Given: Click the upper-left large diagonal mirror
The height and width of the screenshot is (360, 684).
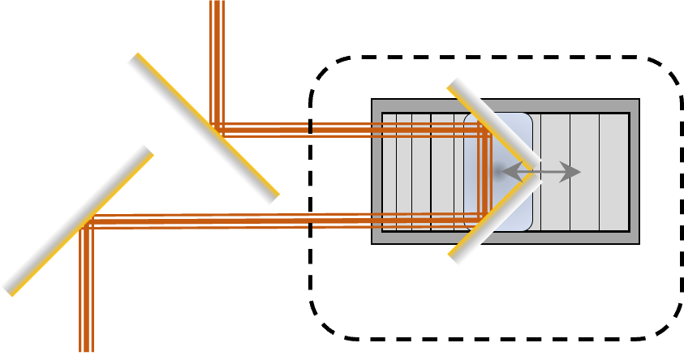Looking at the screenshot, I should [203, 129].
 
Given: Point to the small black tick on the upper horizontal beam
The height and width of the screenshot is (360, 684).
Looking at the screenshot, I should [309, 127].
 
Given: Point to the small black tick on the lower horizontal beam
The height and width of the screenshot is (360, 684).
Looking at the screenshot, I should [310, 221].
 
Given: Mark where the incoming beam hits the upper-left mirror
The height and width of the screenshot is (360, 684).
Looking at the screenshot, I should [216, 128].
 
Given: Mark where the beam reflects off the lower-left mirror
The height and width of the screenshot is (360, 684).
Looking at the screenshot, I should [87, 221].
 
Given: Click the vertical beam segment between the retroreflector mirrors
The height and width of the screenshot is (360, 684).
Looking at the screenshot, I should [486, 172].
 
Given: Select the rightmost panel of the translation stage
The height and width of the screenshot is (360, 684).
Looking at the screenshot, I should [614, 172].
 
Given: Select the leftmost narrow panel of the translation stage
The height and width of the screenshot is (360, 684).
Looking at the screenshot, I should [389, 172].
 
